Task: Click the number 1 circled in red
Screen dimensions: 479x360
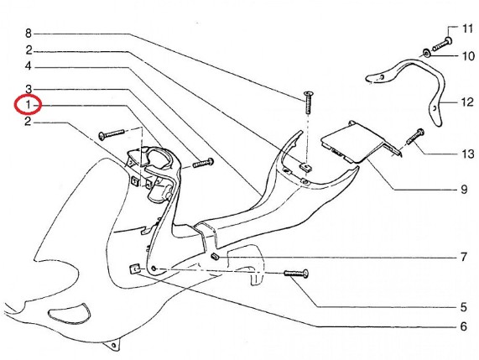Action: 29,105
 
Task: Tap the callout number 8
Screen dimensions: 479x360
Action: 29,33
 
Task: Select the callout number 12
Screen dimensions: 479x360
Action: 466,102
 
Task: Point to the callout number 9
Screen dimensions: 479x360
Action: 464,190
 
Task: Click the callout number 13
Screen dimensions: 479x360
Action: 467,154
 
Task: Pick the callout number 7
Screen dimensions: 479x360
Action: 464,257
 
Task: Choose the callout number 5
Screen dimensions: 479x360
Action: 464,307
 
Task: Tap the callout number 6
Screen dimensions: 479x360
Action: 464,326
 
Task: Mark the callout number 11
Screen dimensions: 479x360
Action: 467,29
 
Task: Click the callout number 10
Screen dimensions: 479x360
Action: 468,56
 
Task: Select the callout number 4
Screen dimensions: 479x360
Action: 29,65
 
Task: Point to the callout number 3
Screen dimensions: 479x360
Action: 29,89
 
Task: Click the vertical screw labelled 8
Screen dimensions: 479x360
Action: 309,102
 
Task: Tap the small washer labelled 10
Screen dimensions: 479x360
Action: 426,53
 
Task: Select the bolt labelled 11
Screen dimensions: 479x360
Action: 442,44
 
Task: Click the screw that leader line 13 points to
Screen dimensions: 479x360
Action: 415,137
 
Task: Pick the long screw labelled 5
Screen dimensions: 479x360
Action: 296,273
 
